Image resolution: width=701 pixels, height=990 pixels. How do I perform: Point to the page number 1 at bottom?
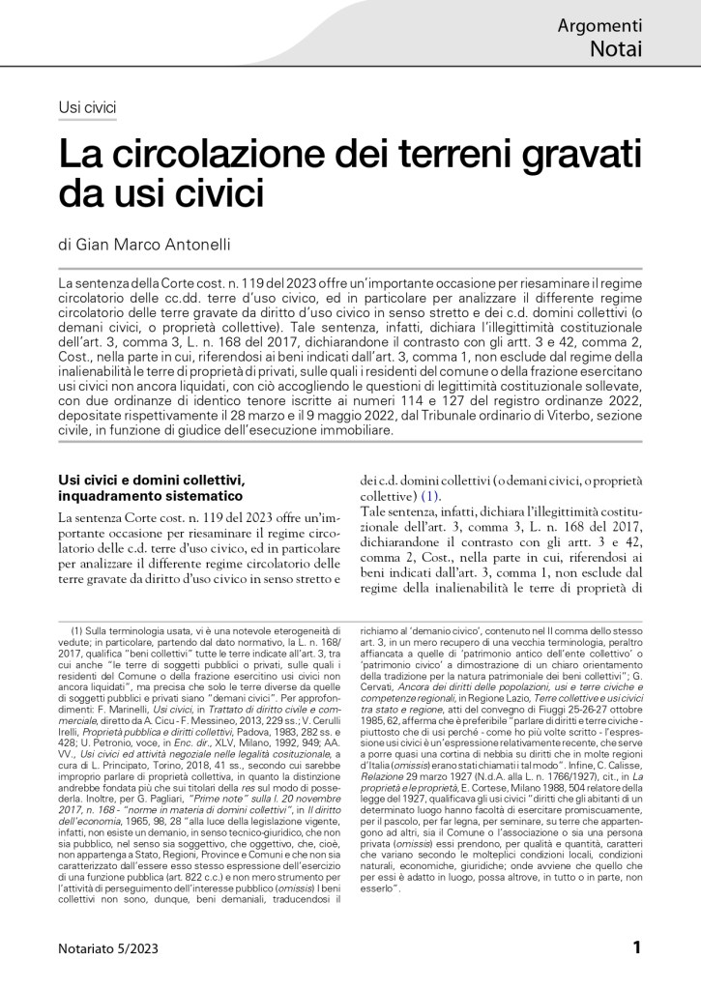point(636,946)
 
